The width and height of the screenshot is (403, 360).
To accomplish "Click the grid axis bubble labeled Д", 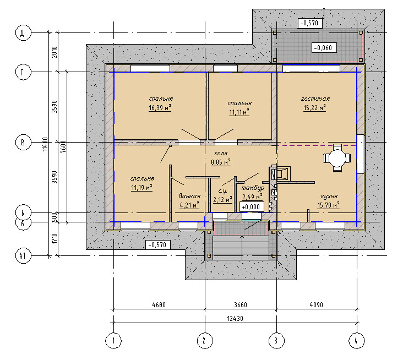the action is click(x=23, y=33).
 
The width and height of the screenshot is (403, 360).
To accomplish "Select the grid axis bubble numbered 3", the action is click(x=276, y=341).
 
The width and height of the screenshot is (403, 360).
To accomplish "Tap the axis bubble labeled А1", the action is click(x=23, y=255).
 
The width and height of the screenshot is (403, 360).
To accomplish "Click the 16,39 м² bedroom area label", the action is click(x=160, y=108).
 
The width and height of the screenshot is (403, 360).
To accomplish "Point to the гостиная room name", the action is click(x=315, y=99).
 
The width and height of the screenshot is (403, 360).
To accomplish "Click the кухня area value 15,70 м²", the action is click(x=328, y=205).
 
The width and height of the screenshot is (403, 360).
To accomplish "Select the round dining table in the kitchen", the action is click(x=337, y=158).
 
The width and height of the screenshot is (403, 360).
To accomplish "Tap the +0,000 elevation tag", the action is click(x=252, y=206).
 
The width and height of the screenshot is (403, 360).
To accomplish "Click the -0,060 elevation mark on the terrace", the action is click(x=324, y=47).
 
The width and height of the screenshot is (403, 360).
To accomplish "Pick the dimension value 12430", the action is click(x=235, y=319).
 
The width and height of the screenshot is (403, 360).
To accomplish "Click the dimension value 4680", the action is click(x=159, y=305).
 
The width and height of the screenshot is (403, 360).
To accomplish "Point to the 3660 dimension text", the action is click(x=240, y=305).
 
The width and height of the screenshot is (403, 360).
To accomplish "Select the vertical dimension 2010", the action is click(x=55, y=52).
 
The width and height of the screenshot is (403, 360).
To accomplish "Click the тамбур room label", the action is click(x=253, y=188).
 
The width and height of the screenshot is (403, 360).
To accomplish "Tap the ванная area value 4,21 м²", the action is click(x=189, y=205).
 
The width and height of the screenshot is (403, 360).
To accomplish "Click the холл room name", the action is click(x=221, y=154).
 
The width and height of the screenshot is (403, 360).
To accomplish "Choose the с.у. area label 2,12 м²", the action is click(x=222, y=199).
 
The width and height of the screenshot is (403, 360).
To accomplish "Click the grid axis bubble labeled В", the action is click(x=23, y=142).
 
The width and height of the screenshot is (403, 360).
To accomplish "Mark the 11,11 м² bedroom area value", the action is click(x=239, y=112).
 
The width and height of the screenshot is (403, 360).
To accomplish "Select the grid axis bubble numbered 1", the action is click(x=113, y=341).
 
